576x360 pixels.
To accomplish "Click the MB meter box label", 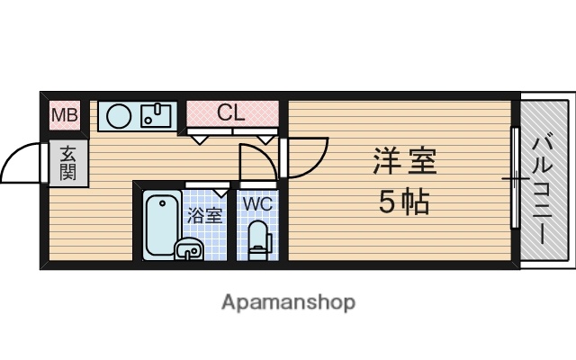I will [x=64, y=115].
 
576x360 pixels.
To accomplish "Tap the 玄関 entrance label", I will [x=68, y=164].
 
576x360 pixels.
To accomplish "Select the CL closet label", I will [x=230, y=113].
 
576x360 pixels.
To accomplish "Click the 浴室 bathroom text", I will [x=203, y=216].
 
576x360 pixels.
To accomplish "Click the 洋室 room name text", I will [x=405, y=163].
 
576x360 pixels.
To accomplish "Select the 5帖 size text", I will [x=403, y=203].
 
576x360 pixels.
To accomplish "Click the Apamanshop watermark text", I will [x=288, y=301].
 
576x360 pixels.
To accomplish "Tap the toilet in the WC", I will [x=258, y=239].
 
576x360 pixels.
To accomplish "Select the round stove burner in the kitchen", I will [x=119, y=115].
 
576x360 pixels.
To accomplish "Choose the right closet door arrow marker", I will [x=266, y=138].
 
